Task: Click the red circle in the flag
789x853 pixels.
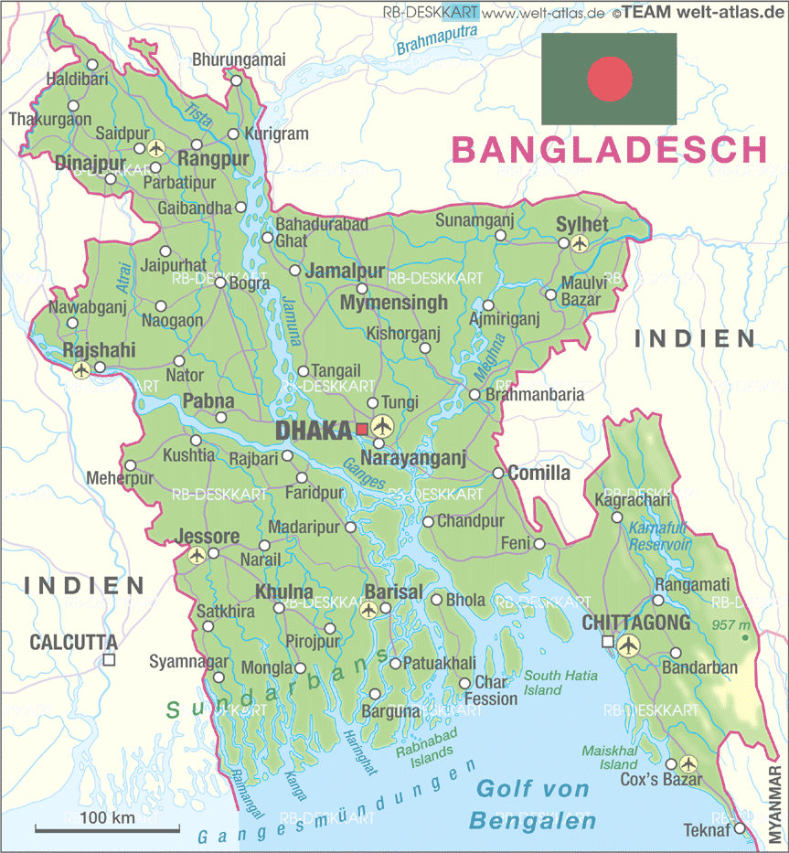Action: tap(610, 78)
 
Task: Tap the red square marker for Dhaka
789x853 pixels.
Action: tap(362, 428)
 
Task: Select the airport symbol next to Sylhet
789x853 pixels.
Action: tap(580, 243)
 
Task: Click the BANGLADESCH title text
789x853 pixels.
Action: tap(610, 150)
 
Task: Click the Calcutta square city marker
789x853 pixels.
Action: tap(109, 659)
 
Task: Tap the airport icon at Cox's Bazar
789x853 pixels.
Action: tap(688, 763)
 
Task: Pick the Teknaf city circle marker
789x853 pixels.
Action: tap(740, 829)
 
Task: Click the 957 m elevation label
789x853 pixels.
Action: tap(731, 625)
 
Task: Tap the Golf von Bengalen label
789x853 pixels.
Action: tap(533, 805)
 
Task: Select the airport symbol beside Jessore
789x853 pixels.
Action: tap(197, 554)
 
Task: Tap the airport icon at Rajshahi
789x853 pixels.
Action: tap(81, 369)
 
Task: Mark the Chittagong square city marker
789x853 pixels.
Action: tap(607, 644)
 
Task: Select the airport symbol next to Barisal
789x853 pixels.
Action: tap(368, 610)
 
